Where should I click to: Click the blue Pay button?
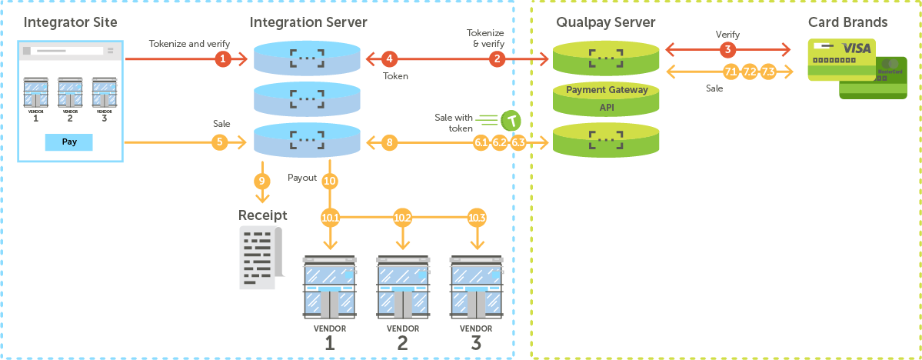click(x=69, y=142)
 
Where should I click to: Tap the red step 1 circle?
click(x=223, y=58)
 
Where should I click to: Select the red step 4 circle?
click(x=390, y=58)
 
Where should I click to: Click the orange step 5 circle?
click(x=220, y=142)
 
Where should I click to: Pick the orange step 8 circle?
click(x=390, y=142)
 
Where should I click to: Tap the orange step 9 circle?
click(x=262, y=182)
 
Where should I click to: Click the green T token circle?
click(x=511, y=120)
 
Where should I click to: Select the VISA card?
click(x=840, y=59)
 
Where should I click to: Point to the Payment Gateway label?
click(x=607, y=90)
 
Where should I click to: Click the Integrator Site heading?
click(x=69, y=22)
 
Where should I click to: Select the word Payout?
click(x=302, y=177)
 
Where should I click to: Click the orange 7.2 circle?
click(x=749, y=72)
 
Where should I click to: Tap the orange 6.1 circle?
click(x=481, y=142)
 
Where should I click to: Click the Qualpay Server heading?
click(x=607, y=22)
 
